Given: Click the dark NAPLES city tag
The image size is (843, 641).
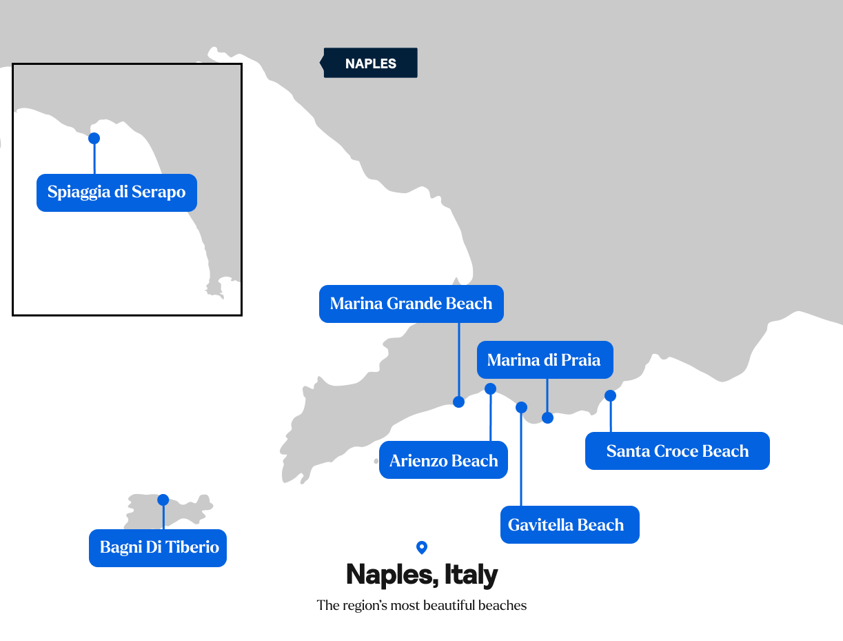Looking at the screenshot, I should tap(370, 63).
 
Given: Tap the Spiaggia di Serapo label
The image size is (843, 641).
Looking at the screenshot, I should tap(116, 192).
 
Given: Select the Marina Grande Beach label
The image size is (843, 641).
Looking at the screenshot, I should tap(411, 304).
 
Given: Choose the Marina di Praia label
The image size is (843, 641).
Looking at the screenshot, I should tap(544, 359).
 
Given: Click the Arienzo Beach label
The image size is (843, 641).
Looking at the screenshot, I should tap(443, 460).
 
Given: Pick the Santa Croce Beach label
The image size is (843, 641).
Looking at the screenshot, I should tap(677, 451).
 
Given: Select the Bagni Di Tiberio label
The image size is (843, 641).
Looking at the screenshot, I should tap(158, 548).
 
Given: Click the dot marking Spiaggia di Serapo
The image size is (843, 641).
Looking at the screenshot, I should tap(94, 138).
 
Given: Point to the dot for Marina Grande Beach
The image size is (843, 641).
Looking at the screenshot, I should tap(459, 402).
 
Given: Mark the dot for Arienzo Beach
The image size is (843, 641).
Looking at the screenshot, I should tap(491, 388).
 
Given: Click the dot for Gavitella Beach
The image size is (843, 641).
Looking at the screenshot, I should tap(521, 407).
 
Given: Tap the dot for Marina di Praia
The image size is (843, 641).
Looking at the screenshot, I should tap(547, 417).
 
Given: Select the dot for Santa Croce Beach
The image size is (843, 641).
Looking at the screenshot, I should tap(610, 395).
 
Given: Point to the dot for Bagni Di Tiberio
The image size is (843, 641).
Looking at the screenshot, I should tap(163, 500).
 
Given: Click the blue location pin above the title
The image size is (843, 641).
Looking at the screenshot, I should tap(422, 547).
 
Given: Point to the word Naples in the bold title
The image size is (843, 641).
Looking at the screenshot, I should tap(390, 575).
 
